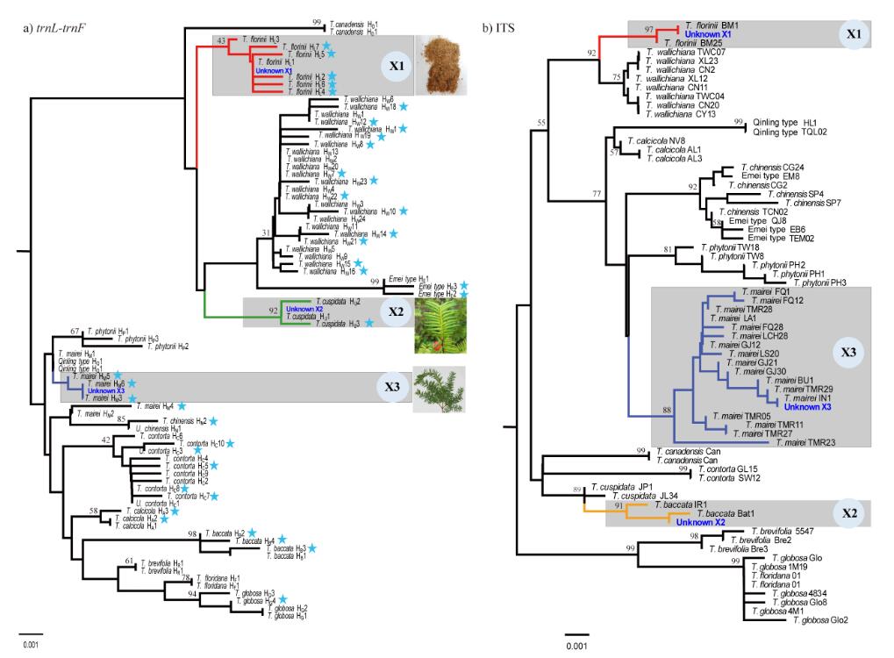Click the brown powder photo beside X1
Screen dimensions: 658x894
click(x=440, y=64)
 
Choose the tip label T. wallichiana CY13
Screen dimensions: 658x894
click(x=686, y=113)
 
